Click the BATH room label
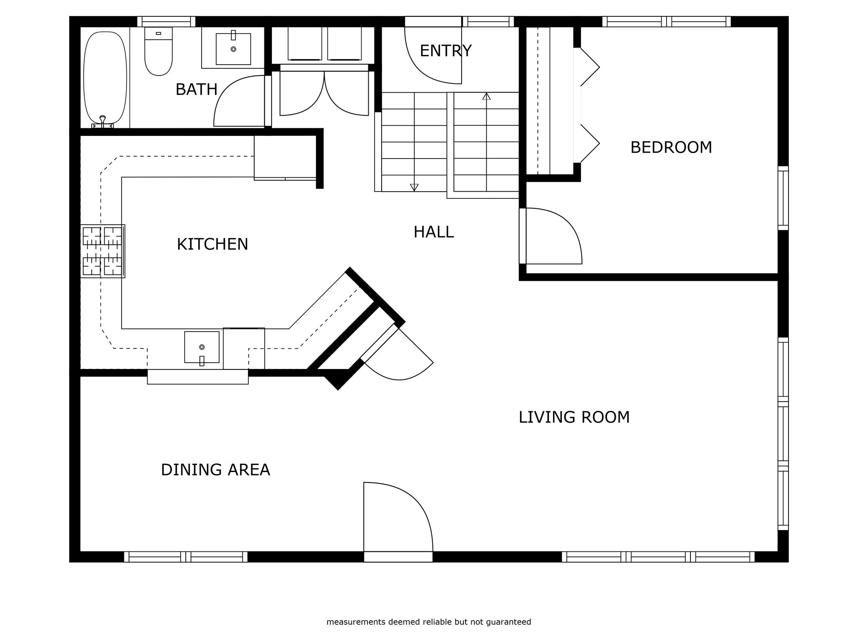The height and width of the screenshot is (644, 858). coord(196,90)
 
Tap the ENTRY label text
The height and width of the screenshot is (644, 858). coord(445,51)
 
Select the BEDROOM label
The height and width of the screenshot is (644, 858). coord(671,148)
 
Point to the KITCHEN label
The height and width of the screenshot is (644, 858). coord(212,244)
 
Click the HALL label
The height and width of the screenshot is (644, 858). coord(434,232)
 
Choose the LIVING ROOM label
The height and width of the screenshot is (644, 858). coord(574,418)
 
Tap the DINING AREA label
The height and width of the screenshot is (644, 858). coord(215,470)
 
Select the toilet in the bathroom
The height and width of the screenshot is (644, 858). coord(158,51)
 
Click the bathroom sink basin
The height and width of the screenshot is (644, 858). coord(233,49)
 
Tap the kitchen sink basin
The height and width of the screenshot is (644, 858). coord(202,347)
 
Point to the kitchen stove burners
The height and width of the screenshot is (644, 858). coord(103,251)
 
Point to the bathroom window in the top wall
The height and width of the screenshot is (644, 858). coord(166,21)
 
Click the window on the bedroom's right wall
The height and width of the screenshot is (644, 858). coord(783,198)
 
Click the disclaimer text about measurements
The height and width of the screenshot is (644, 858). coord(429,622)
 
